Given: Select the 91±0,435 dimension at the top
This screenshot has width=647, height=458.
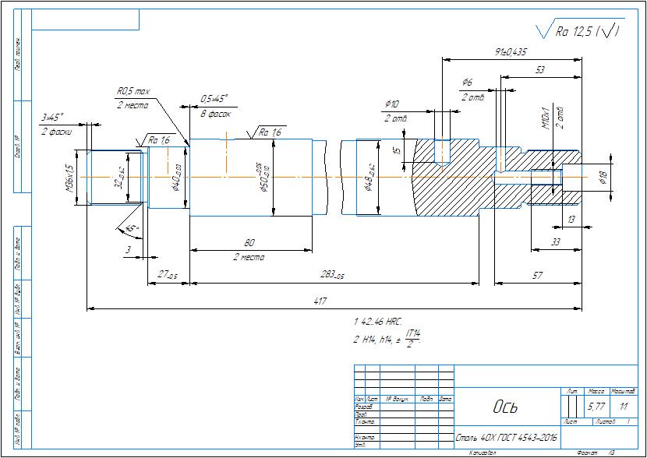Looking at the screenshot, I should coord(511,51).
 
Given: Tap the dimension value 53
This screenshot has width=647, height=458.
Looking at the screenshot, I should coord(539,70).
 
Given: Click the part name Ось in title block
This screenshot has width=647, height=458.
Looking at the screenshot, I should coord(505,407).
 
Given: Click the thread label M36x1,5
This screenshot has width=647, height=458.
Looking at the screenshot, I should coord(69,178).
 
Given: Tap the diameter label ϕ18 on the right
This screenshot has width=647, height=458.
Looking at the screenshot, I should coord(603,178).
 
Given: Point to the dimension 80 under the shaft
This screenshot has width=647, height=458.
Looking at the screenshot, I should coord(249,242).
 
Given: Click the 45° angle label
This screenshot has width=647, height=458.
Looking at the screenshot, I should coord(132,229).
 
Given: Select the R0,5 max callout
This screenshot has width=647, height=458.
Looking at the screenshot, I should coord(133,92).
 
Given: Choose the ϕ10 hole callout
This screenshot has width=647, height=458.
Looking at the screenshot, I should coord(392,104).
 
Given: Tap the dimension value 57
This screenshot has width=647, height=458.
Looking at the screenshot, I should coord(537,275).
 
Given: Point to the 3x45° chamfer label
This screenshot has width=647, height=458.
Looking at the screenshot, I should coord(53,117).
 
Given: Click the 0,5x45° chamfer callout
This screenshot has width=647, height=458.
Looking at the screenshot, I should coord(214,99).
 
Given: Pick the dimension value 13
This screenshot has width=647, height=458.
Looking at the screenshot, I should coord(571,220).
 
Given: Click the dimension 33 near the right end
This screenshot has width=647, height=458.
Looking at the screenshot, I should coord(555,242).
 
